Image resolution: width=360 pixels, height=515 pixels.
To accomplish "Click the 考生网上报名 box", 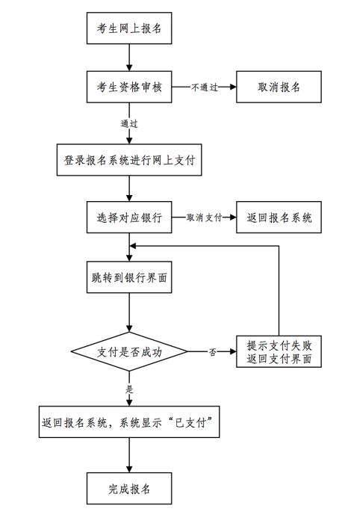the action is tap(129, 28).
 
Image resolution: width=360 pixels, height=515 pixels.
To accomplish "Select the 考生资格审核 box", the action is tap(129, 87).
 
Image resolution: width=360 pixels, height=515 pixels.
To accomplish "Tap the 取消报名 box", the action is tap(279, 87).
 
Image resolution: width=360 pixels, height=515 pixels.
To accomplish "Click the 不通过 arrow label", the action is tap(205, 87).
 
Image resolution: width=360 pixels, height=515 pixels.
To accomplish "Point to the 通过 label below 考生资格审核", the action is tap(129, 124).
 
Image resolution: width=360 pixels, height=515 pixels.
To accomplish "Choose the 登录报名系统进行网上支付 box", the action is tap(129, 160).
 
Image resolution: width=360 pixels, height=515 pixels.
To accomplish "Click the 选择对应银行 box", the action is tap(129, 218).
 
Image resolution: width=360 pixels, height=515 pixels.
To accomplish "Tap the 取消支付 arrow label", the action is tap(204, 218).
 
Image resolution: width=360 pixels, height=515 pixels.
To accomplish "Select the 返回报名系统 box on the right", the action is tap(279, 218).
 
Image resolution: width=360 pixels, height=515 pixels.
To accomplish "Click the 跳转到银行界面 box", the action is tap(129, 277).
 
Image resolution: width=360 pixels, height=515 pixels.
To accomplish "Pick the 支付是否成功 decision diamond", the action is tap(129, 352).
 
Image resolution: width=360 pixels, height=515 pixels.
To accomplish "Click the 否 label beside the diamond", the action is tap(212, 352).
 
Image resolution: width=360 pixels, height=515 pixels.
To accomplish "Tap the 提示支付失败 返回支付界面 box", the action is tap(279, 351).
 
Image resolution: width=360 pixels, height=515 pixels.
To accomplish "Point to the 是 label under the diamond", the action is tap(129, 389).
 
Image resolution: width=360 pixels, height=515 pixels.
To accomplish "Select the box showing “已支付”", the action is tap(129, 422).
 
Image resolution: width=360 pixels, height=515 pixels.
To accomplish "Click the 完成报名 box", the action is tap(129, 488).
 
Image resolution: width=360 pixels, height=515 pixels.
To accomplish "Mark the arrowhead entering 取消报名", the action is tap(233, 87).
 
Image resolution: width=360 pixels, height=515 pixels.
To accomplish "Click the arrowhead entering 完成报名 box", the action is tap(129, 469).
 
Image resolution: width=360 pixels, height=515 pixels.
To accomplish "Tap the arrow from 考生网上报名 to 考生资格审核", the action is tap(129, 58).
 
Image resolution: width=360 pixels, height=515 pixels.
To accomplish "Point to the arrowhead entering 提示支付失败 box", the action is tap(233, 352).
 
